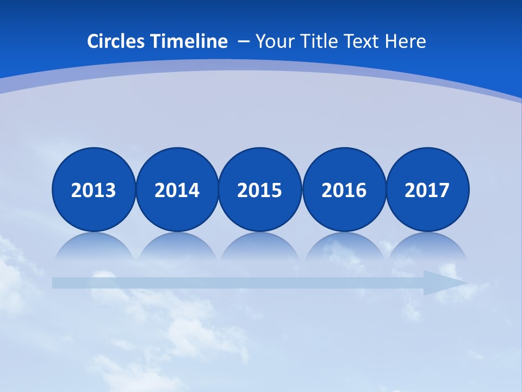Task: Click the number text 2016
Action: [x=344, y=191]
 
